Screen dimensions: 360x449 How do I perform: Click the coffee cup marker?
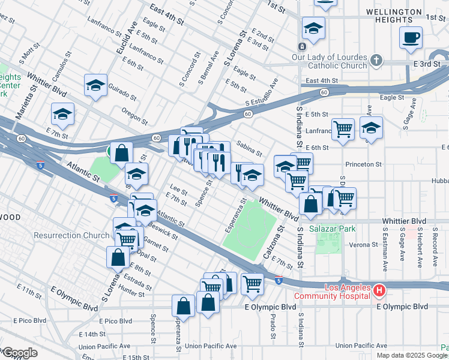point(411,37)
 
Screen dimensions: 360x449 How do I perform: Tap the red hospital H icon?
point(379,291)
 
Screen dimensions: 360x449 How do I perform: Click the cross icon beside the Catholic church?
point(376,60)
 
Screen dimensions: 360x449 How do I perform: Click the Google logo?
point(19,352)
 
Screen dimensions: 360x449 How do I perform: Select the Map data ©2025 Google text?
point(412,355)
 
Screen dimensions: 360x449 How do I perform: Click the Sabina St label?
point(249,148)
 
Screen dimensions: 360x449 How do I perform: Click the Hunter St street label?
point(131,291)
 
